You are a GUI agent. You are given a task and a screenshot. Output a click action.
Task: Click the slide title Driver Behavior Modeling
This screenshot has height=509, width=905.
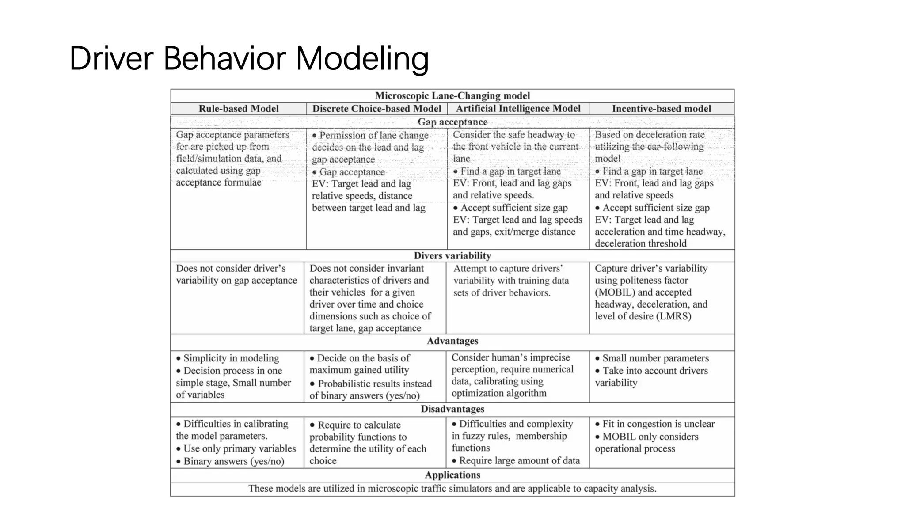(x=249, y=58)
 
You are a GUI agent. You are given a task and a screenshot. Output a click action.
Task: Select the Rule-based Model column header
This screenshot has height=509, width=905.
(x=238, y=109)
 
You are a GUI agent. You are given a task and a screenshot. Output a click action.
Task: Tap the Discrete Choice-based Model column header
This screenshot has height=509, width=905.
(x=376, y=109)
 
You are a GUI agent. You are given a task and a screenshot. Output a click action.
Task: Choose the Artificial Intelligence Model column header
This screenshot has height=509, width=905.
(x=518, y=109)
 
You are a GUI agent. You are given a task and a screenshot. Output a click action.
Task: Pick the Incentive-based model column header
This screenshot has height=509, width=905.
(x=661, y=109)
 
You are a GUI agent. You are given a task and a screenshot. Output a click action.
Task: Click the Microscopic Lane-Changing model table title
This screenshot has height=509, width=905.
(x=452, y=96)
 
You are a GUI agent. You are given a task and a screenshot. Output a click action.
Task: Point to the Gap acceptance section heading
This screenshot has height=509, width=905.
(x=452, y=122)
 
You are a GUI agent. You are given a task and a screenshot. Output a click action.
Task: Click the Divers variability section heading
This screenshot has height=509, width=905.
(x=452, y=256)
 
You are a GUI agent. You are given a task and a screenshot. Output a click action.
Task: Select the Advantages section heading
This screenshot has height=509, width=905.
(x=452, y=341)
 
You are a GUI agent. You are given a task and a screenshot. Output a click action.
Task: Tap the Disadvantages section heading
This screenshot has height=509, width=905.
(x=452, y=409)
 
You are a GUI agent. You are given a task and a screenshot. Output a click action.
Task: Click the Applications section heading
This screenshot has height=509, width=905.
(x=452, y=475)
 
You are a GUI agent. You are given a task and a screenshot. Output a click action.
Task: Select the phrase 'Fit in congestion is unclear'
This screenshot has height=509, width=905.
(x=658, y=424)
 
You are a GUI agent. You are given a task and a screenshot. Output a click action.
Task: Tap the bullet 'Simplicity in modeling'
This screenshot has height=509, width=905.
(x=231, y=358)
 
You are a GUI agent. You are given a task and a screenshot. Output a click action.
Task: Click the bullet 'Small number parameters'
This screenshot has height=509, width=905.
(x=655, y=358)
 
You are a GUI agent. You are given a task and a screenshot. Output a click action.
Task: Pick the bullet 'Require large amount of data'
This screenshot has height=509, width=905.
(x=519, y=461)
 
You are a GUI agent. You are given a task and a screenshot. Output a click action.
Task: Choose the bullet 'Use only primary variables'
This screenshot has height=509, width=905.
(x=240, y=449)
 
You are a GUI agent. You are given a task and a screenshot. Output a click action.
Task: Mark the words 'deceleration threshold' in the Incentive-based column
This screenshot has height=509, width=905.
(x=640, y=243)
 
